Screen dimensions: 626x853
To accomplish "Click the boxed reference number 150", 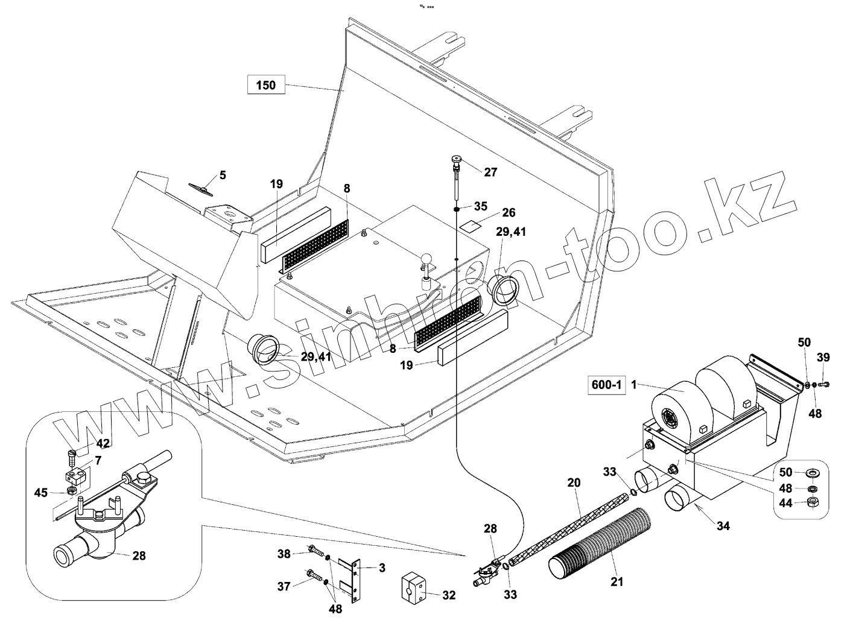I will point(265,85).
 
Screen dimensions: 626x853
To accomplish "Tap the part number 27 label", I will point(490,172).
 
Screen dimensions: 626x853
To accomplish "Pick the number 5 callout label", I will point(222,175).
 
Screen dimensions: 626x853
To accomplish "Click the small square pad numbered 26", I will point(470,224).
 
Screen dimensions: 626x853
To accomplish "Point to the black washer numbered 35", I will point(458,209).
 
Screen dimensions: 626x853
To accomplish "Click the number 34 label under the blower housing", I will point(723,526).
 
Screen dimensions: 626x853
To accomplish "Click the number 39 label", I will point(823,358).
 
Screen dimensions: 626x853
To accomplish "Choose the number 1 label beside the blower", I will point(634,384).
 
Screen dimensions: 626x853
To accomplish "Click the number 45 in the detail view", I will point(40,492).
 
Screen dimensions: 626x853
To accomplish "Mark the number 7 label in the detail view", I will point(98,460).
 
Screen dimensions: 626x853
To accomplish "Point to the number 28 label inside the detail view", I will point(139,555).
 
